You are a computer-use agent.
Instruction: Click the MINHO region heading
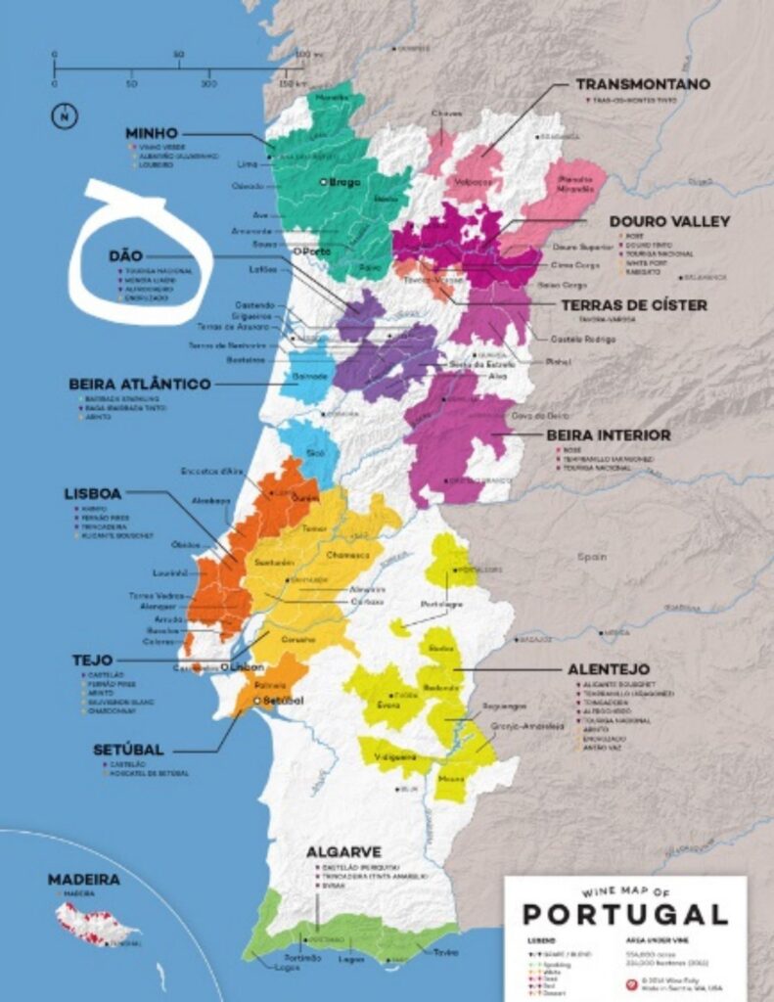point(151,133)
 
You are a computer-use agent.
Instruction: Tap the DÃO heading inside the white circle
point(125,255)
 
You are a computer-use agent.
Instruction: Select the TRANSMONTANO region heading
point(642,85)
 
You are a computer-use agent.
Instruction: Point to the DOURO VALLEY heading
point(669,222)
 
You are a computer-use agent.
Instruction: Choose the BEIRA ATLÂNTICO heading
point(140,385)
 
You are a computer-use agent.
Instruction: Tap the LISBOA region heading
point(94,494)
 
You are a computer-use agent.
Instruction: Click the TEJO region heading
point(92,660)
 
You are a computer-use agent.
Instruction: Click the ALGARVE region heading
point(343,851)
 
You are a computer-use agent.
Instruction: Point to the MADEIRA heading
point(84,880)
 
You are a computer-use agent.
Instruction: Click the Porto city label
point(314,250)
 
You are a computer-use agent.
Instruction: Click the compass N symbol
point(64,115)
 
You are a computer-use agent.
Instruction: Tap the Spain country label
point(592,555)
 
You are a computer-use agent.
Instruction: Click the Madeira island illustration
point(95,922)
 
